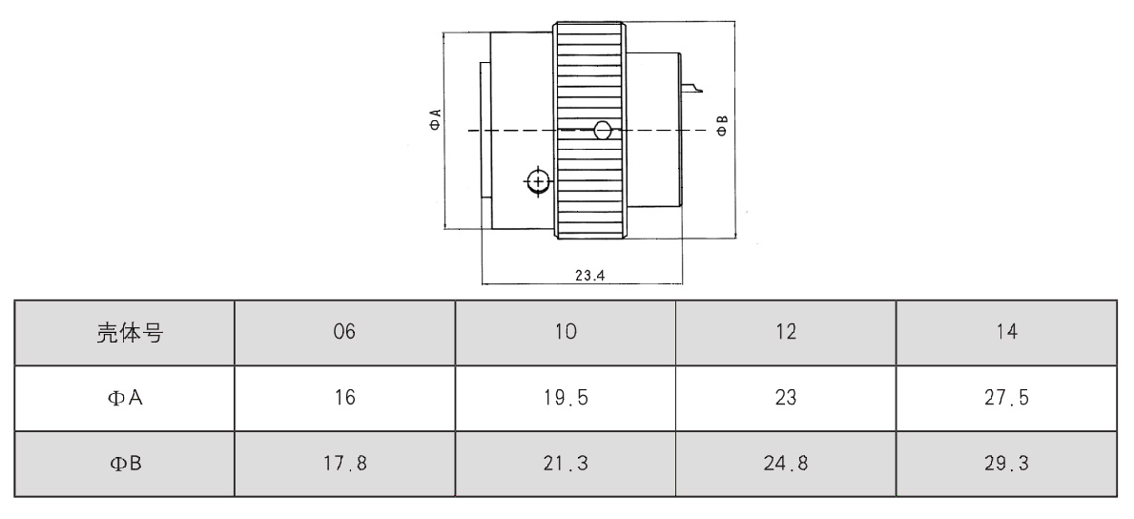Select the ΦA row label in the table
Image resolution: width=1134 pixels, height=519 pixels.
124,398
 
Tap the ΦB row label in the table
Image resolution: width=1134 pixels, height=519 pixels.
124,464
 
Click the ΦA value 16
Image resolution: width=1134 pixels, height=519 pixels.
345,398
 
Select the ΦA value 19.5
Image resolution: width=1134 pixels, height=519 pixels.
566,398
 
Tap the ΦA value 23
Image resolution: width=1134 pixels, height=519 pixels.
786,398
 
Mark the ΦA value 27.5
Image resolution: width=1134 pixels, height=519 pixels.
1006,398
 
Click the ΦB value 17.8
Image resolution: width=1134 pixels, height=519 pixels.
345,464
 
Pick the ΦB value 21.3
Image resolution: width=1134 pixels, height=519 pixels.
566,464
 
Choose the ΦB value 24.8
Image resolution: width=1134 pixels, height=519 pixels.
786,464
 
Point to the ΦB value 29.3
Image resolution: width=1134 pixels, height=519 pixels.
1006,464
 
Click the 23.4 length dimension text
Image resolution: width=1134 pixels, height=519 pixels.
590,275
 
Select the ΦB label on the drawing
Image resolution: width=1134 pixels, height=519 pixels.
723,124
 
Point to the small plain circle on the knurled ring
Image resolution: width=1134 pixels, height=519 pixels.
602,131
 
